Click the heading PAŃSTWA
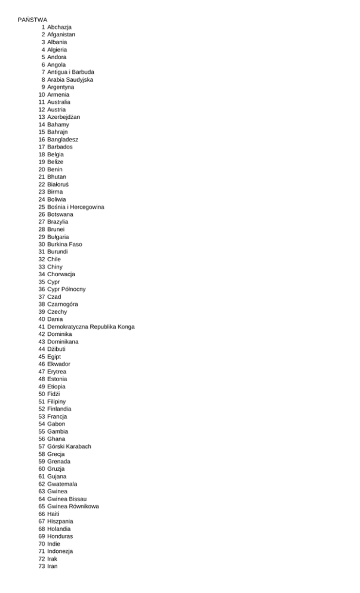point(32,20)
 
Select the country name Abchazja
point(60,27)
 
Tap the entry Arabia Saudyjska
point(70,79)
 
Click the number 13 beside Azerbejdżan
point(42,117)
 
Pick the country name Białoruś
point(58,184)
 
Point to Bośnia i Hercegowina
point(76,207)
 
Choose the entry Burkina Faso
point(64,244)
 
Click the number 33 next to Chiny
point(42,267)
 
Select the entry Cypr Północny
point(66,289)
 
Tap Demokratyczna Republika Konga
point(91,327)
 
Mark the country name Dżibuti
point(58,349)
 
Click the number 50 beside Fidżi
point(42,394)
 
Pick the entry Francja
point(57,416)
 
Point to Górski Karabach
point(69,446)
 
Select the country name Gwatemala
point(62,484)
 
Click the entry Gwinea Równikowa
point(73,506)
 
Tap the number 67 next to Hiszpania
point(42,521)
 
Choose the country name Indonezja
point(60,551)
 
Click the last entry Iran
point(53,566)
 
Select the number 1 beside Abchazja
point(44,27)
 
